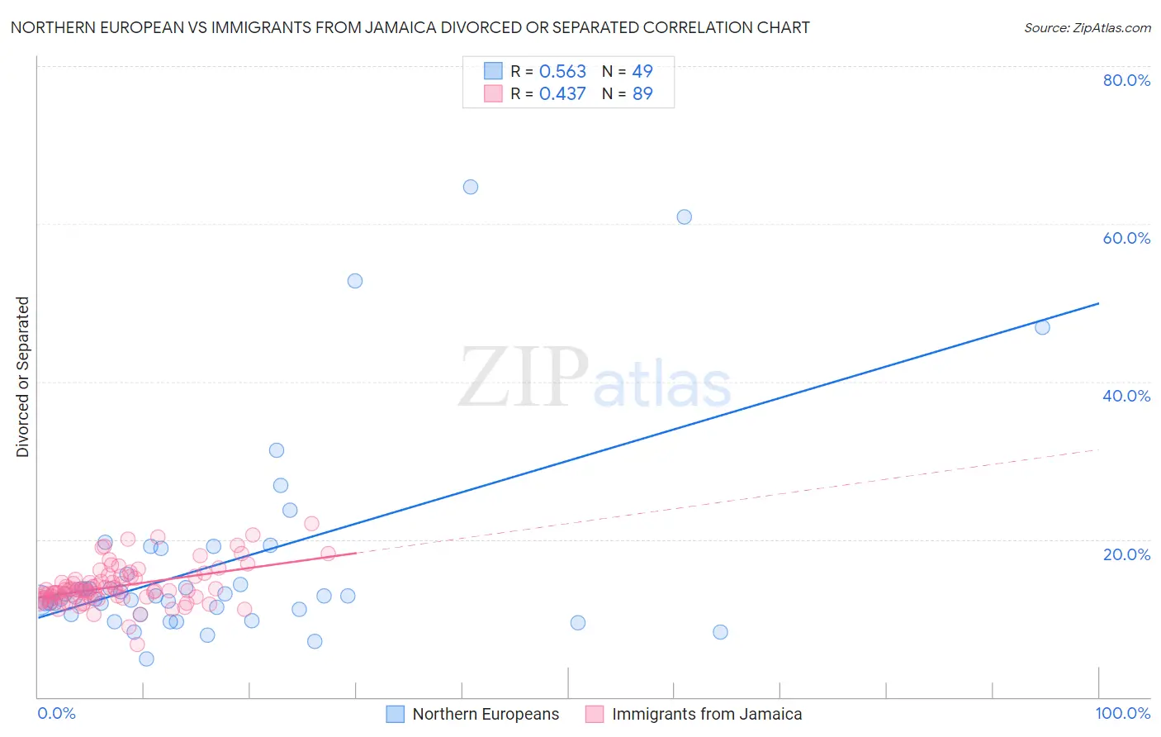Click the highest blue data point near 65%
pos(471,187)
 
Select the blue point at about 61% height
pos(685,217)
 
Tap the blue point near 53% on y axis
pos(355,281)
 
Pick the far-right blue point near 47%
pos(1042,327)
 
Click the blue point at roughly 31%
pos(277,450)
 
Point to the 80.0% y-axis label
pos(1126,80)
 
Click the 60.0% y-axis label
pos(1126,238)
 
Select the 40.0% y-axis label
pos(1126,396)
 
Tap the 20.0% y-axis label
pos(1126,554)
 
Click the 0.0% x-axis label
pos(57,713)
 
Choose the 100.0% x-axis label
pos(1122,713)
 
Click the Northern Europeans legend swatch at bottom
pos(396,714)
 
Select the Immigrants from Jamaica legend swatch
pos(595,714)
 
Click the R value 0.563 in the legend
pos(562,72)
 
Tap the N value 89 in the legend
pos(642,94)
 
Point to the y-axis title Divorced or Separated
pos(23,377)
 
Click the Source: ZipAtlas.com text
pos(1087,28)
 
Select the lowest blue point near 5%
pos(146,659)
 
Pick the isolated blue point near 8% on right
pos(720,632)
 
